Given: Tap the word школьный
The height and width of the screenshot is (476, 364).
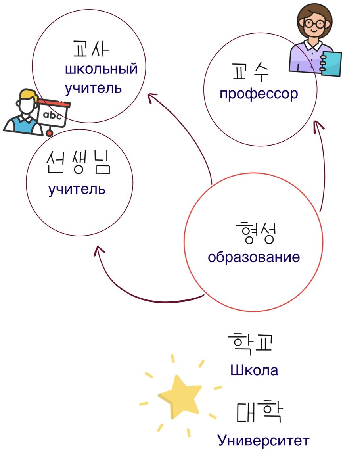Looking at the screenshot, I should [x=101, y=69].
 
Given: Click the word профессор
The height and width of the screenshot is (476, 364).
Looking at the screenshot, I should [x=258, y=94].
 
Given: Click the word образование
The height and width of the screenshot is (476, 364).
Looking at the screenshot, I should [x=254, y=257].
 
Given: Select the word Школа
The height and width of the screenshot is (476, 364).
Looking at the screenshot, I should [x=254, y=370].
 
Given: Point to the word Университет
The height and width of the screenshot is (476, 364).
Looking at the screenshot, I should [x=263, y=441].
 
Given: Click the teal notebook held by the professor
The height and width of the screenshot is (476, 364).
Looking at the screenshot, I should [x=331, y=63].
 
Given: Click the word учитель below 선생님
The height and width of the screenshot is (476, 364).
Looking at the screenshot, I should [x=77, y=189].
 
